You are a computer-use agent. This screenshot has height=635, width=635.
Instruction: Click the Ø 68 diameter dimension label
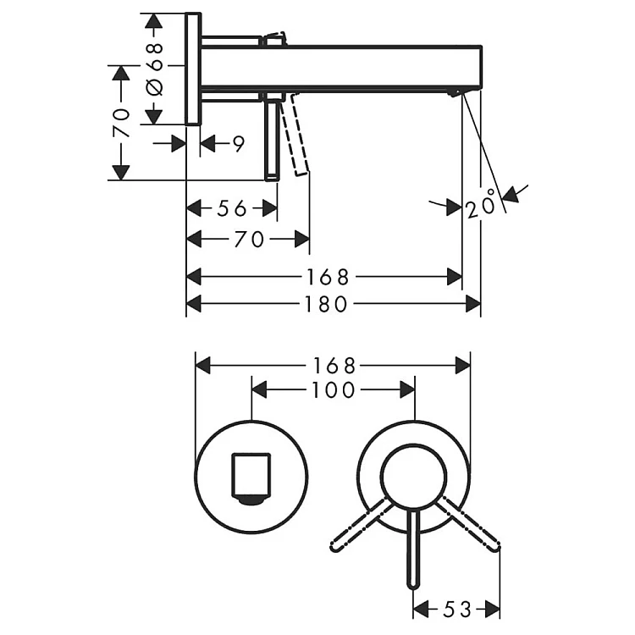tap(155, 69)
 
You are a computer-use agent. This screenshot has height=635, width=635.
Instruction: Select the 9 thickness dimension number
tap(239, 144)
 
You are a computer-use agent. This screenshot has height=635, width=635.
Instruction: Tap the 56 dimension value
tap(232, 208)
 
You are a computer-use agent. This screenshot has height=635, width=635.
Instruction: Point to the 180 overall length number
tap(327, 304)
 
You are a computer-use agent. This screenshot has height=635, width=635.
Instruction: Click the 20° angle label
tap(481, 204)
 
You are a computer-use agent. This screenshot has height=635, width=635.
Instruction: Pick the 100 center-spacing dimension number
tap(334, 390)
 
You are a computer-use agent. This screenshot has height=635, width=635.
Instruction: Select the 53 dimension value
tap(457, 609)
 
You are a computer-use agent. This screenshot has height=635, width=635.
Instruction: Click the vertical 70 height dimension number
tap(121, 123)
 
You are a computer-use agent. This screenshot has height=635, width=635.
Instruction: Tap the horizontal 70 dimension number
tap(249, 240)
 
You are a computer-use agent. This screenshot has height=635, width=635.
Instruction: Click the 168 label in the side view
tap(328, 278)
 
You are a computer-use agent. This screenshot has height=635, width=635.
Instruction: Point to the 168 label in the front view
tap(334, 366)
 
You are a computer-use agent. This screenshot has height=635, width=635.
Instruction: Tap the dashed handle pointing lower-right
tap(469, 524)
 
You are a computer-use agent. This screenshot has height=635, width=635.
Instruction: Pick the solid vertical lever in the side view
tap(272, 141)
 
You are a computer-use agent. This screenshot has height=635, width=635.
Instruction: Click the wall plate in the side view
tap(193, 69)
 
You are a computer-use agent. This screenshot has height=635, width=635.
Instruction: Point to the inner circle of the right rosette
tap(414, 476)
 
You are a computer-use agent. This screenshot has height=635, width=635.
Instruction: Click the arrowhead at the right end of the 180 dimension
tap(473, 304)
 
